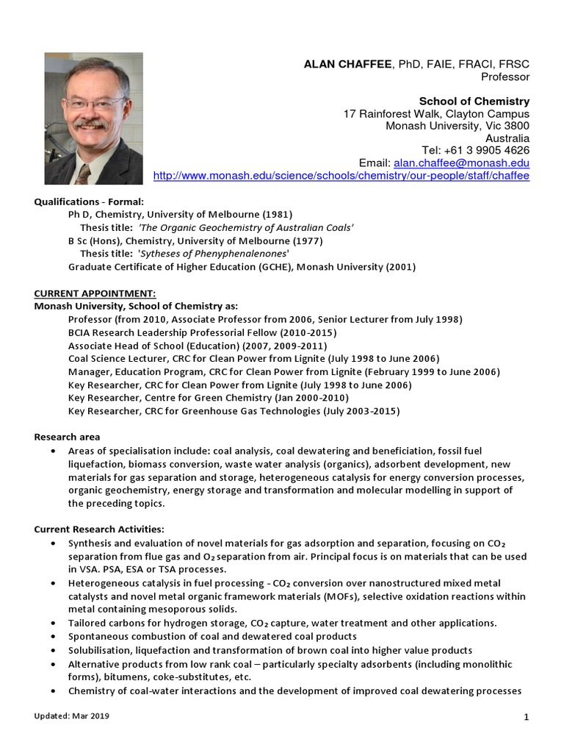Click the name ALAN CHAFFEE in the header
click(348, 65)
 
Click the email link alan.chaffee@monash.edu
click(461, 163)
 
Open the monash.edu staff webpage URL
click(341, 176)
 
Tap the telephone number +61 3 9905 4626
click(485, 150)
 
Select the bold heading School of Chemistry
click(474, 101)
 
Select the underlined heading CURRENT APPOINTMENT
click(95, 293)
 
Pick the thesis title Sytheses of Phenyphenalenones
click(213, 254)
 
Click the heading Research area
click(67, 437)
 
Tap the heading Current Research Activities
click(99, 529)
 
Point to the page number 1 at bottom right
click(527, 718)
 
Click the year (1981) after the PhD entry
click(276, 214)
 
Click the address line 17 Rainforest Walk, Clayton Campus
click(436, 114)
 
